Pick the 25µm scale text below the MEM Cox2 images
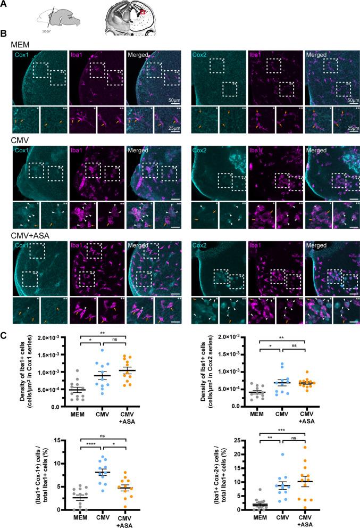pyautogui.click(x=350, y=129)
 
